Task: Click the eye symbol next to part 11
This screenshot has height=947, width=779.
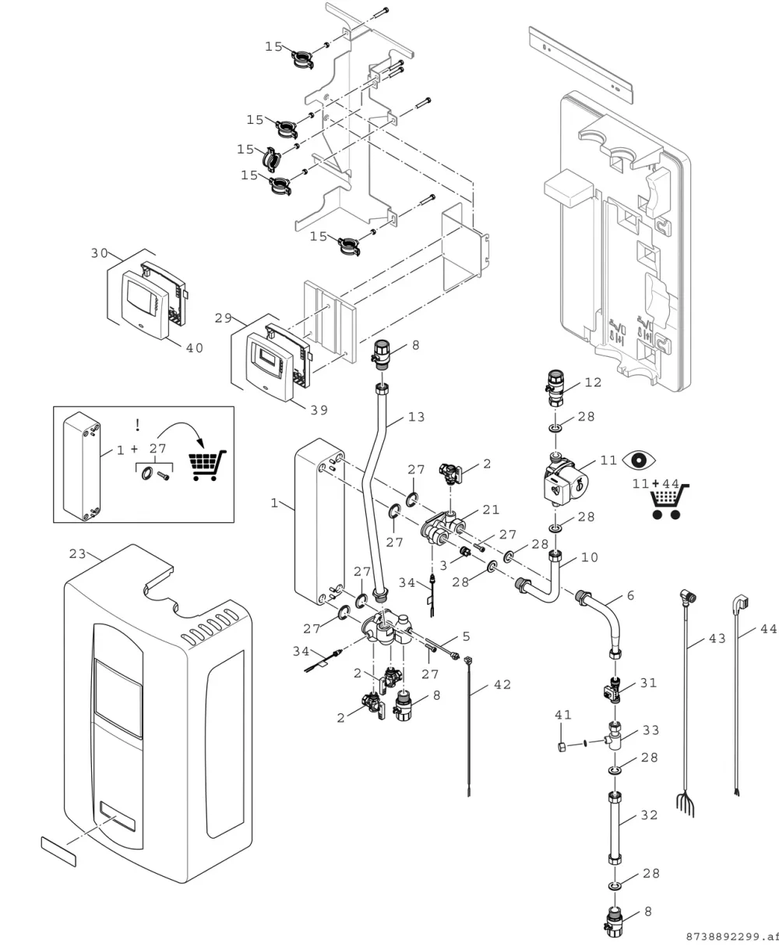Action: (639, 461)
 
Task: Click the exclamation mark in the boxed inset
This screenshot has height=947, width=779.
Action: (138, 425)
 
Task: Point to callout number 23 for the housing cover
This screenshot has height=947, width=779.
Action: (77, 554)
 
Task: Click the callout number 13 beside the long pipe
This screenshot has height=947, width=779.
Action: (417, 417)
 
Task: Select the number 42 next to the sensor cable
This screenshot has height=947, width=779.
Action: (502, 685)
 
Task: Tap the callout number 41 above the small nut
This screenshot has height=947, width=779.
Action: (563, 715)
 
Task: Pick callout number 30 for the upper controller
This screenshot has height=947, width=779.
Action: (100, 253)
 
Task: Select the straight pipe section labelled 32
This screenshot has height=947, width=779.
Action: (615, 829)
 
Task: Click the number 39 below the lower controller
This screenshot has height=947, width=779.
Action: (319, 410)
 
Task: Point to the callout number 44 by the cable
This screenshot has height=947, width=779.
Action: (769, 629)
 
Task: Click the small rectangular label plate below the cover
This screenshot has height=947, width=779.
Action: (58, 851)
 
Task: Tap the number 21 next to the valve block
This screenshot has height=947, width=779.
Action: (491, 510)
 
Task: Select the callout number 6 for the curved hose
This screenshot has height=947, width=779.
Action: (630, 595)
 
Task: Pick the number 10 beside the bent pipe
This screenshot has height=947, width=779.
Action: (590, 557)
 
